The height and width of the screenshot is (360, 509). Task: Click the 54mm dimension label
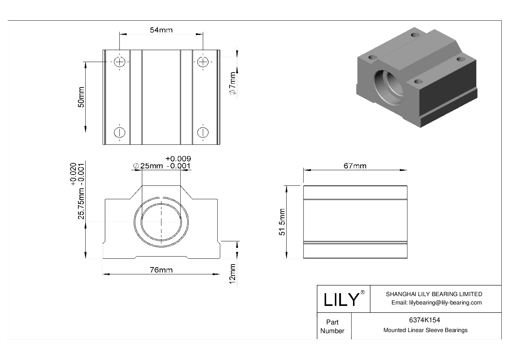(x=161, y=30)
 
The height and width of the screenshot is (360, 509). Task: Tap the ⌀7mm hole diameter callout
(x=233, y=84)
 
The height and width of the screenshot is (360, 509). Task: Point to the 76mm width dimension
(x=161, y=270)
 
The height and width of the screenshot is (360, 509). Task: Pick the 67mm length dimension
(x=355, y=166)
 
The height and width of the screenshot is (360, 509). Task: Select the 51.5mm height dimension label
(x=282, y=222)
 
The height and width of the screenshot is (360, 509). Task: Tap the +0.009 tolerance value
(x=178, y=159)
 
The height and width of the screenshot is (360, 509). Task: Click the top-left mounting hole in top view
(x=120, y=62)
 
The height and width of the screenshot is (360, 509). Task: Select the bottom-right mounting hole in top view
(x=203, y=132)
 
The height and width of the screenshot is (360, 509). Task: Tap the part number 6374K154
(x=424, y=320)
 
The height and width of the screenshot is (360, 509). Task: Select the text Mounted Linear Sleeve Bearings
(x=425, y=330)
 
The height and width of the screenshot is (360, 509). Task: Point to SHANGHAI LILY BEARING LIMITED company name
(x=434, y=294)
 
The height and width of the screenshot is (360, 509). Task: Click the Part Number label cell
(x=332, y=326)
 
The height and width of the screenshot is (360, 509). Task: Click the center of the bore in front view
(x=161, y=222)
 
